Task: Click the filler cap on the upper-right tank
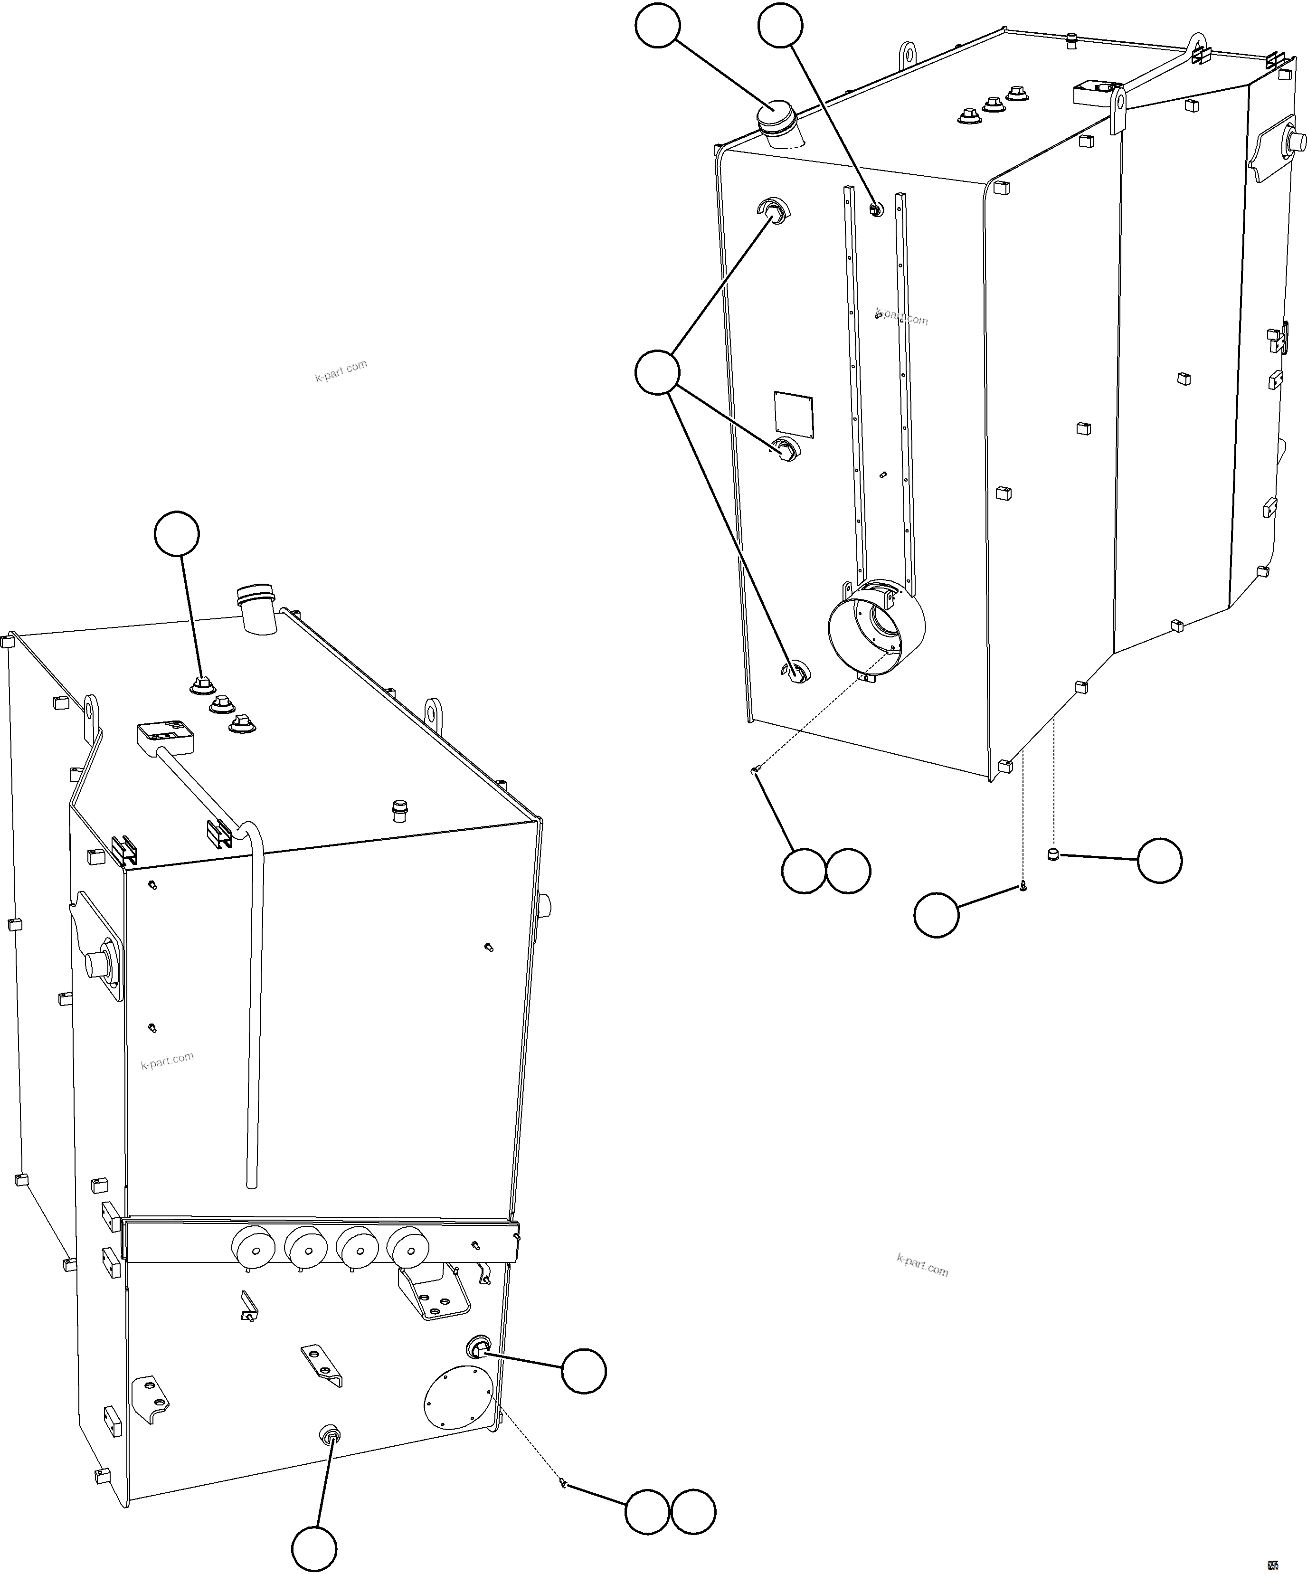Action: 777,120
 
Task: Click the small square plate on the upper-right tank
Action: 795,413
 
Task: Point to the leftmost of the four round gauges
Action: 253,1248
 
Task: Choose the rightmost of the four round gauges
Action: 407,1248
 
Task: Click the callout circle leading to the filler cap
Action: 657,26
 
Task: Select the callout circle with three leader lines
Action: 657,372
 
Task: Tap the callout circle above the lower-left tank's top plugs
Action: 177,534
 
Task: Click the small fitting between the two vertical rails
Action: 875,209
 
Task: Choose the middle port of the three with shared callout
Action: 786,449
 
